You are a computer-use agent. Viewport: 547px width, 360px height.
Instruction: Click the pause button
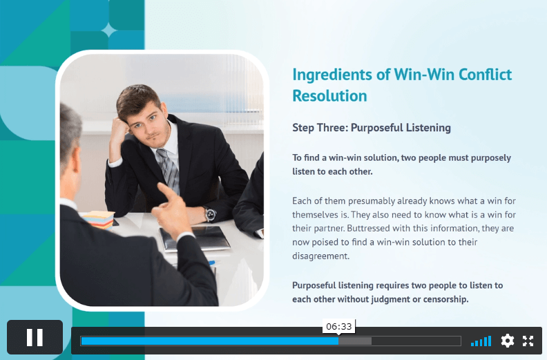tap(35, 337)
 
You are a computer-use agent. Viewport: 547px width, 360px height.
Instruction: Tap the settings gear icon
tap(507, 341)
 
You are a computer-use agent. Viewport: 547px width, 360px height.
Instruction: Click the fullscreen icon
tap(528, 341)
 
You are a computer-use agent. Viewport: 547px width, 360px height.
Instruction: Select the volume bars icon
tap(481, 341)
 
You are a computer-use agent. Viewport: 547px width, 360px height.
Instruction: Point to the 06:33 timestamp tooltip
tap(338, 326)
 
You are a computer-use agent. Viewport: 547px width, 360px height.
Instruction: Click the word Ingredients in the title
tap(332, 75)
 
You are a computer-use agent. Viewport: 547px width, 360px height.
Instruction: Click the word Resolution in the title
tap(329, 95)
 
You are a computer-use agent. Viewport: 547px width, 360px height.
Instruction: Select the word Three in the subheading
tap(332, 127)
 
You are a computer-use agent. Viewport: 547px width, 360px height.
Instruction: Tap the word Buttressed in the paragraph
tap(368, 228)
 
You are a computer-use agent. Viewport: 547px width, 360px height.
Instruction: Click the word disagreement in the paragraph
tap(320, 256)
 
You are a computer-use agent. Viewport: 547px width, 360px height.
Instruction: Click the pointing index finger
tap(166, 191)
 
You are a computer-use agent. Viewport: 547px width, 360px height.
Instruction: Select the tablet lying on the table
tap(194, 238)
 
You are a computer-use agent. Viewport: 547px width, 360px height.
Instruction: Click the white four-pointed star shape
tap(109, 30)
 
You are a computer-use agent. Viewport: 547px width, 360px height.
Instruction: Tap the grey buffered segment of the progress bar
tap(355, 341)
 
